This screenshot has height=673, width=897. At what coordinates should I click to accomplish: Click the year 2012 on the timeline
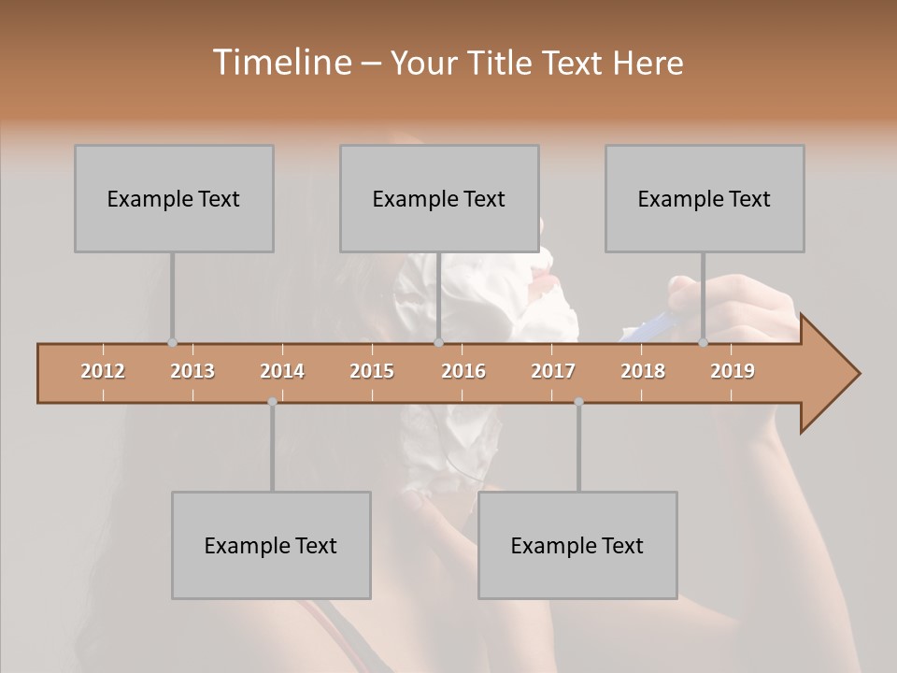103,371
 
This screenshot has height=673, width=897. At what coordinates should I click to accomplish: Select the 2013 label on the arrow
192,371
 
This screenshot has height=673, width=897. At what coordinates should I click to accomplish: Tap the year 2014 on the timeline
282,371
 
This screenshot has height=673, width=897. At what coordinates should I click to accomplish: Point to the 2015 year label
372,371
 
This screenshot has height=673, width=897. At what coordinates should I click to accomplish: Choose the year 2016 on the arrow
463,371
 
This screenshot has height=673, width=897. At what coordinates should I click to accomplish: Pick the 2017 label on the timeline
553,371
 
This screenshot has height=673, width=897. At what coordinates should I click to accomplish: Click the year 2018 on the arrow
643,371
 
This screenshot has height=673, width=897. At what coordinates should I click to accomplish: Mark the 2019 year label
733,371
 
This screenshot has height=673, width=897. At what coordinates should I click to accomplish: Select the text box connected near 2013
174,198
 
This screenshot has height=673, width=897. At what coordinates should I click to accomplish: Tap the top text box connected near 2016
439,198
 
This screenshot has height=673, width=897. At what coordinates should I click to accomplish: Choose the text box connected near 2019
705,198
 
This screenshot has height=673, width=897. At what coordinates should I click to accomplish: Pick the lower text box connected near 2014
271,545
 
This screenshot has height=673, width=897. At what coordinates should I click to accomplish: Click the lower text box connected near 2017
577,545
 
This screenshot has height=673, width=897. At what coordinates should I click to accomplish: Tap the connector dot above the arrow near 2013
172,343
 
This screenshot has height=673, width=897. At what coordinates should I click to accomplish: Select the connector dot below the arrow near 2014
272,402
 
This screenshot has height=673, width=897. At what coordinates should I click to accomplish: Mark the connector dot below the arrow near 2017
578,402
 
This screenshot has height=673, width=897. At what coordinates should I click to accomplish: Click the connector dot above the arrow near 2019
704,343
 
